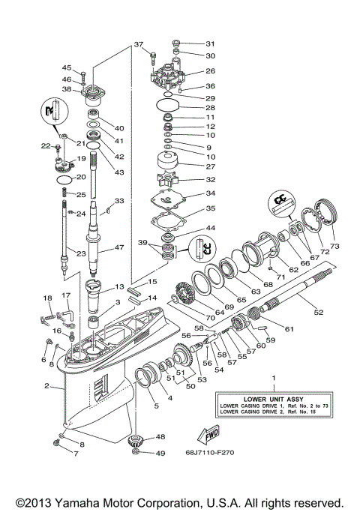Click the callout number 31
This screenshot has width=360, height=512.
coord(210,43)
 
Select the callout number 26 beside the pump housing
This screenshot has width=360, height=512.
coord(210,72)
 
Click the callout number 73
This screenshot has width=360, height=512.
coord(334,245)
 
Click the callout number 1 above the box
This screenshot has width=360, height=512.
coord(273,379)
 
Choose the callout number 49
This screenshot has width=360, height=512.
coord(160,453)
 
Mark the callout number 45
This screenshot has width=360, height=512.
coord(66,67)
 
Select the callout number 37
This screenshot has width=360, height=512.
coord(138,44)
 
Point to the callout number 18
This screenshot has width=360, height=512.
coord(47,298)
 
